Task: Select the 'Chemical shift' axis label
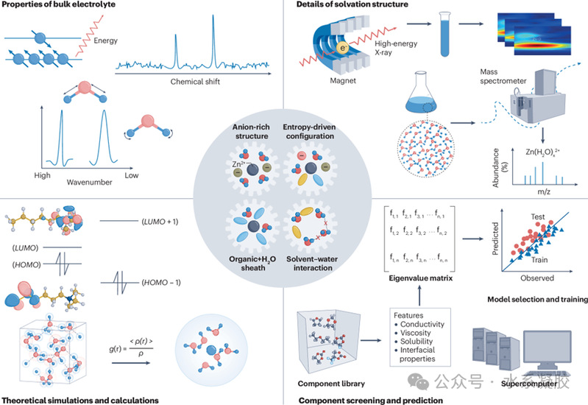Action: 198,81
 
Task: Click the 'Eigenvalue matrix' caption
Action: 424,279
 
